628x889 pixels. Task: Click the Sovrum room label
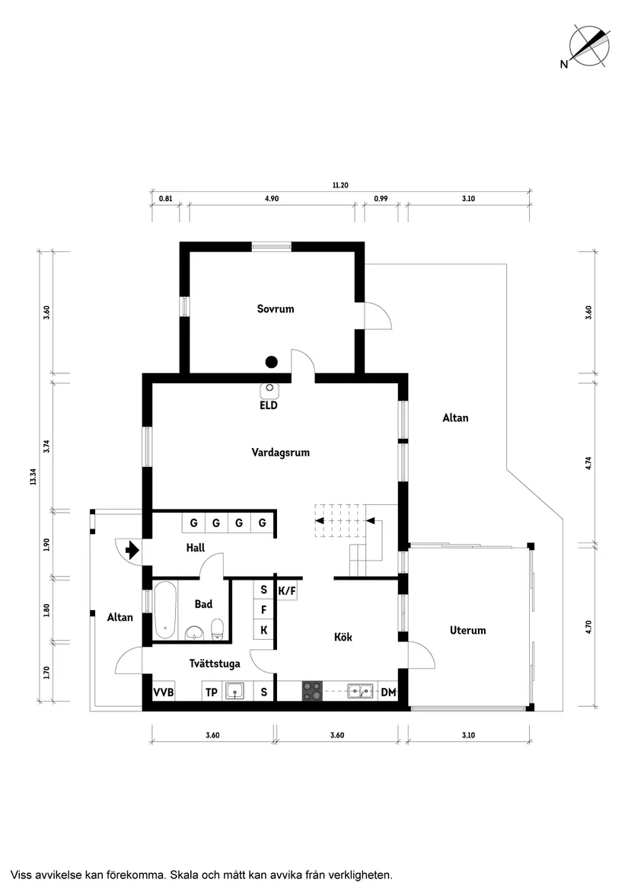point(275,309)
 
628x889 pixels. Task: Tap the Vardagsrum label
point(281,452)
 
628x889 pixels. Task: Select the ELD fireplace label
point(269,406)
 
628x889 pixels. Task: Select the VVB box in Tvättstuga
point(164,692)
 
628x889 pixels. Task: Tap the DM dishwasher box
point(388,692)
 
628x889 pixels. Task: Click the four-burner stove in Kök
point(311,691)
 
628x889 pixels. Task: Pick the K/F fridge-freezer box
point(287,590)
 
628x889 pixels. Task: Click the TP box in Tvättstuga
point(212,692)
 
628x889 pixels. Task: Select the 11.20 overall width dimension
point(340,184)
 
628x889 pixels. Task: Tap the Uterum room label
point(467,631)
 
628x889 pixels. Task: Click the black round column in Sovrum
point(271,362)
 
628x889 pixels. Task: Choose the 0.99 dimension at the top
point(381,199)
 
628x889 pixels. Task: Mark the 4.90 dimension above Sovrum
point(272,199)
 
